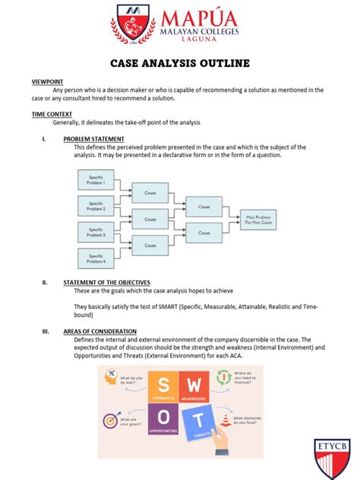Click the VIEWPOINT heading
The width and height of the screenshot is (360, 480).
coord(47,81)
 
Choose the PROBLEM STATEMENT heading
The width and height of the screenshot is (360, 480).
coord(93,139)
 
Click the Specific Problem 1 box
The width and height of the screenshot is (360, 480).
coord(95,179)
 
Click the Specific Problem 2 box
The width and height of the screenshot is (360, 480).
coord(95,205)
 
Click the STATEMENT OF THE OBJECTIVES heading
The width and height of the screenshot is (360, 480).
coord(106,282)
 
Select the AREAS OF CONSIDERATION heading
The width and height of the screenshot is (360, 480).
coord(99,331)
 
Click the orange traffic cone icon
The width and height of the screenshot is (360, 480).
coord(226,422)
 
